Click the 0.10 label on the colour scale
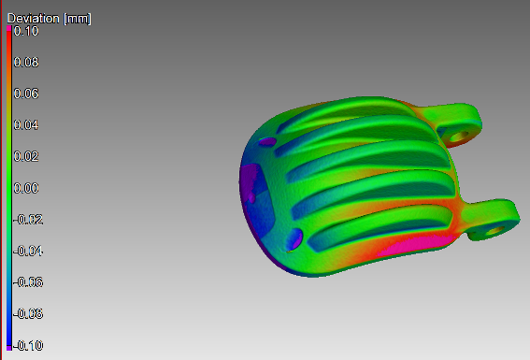click(26, 31)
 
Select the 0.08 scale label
click(26, 63)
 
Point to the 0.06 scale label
click(26, 94)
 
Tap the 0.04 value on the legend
click(26, 125)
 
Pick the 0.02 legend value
click(26, 156)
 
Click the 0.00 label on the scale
click(26, 188)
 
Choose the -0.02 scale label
click(28, 220)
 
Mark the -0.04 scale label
click(28, 252)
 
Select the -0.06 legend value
click(28, 282)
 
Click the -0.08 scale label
click(28, 314)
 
